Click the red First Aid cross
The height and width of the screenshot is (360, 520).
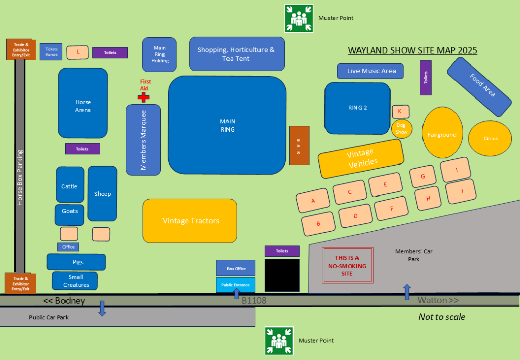[144, 97]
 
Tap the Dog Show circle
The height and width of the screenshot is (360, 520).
[401, 129]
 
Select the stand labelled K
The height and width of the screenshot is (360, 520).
[400, 111]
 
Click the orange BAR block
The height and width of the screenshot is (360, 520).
[299, 145]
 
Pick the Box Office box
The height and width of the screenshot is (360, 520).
[236, 268]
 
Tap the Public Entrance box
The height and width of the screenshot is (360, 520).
[236, 285]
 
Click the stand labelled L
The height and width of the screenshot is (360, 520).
[78, 52]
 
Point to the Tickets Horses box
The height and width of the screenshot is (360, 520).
[52, 52]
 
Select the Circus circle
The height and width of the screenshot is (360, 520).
[491, 138]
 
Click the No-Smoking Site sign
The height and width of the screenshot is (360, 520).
[348, 266]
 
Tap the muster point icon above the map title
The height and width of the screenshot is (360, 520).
[299, 18]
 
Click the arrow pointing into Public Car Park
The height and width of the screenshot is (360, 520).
[102, 308]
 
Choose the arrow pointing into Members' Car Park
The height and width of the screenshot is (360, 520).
[407, 292]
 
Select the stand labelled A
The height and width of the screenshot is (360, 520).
[313, 201]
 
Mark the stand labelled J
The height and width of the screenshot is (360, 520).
[461, 191]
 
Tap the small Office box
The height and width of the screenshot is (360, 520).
[69, 247]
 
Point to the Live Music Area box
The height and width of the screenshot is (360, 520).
[370, 71]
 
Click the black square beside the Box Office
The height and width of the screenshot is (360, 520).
[282, 276]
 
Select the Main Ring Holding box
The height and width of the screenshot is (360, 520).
[159, 54]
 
